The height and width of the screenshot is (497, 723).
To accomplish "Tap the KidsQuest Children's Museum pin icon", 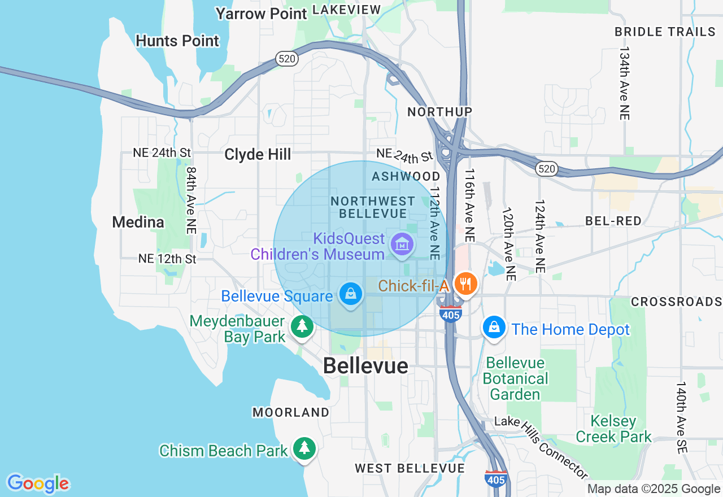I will (x=402, y=245).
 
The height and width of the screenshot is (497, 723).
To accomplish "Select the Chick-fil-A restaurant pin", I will (x=465, y=284).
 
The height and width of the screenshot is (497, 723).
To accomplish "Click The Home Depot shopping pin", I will (x=494, y=328).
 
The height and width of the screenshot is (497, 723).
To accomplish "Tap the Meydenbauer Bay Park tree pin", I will (x=302, y=326).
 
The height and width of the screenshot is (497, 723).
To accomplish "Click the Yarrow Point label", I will (x=262, y=14).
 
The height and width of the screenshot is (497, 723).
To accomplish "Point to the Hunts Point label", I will (x=177, y=41).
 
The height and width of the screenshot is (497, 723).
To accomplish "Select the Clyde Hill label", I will (x=258, y=154).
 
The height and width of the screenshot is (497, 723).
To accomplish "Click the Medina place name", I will (x=138, y=222).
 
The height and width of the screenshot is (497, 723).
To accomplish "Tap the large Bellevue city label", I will (x=365, y=366).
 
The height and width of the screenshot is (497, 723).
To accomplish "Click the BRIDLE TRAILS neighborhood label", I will (x=665, y=32).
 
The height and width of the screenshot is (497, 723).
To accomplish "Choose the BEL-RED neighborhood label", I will (x=613, y=221).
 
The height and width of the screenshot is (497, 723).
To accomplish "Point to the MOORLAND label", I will (x=291, y=412).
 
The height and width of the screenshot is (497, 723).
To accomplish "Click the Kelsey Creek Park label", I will (x=613, y=429).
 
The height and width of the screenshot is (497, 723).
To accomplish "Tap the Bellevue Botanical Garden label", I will (x=515, y=378).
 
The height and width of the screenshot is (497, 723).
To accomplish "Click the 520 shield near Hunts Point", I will (x=287, y=58).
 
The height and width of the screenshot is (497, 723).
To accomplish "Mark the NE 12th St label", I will (x=167, y=259).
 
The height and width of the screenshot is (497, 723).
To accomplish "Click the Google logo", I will (x=38, y=483).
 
